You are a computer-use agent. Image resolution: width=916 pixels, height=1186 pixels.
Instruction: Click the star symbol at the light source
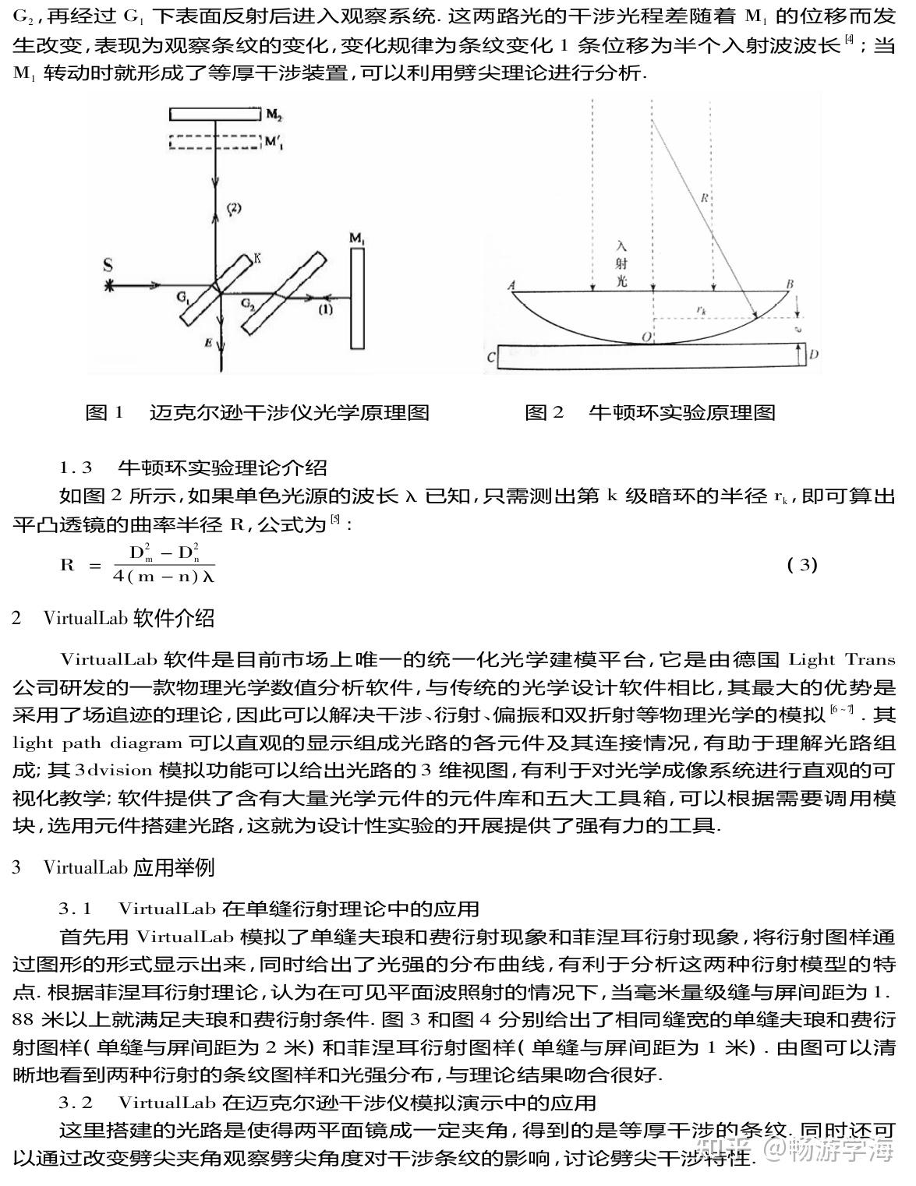click(108, 287)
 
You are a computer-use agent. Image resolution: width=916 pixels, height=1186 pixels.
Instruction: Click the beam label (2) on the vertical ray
click(234, 208)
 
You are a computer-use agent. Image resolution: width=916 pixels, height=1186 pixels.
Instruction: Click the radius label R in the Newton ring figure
click(703, 198)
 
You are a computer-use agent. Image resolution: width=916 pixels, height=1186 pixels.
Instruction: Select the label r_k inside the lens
click(701, 310)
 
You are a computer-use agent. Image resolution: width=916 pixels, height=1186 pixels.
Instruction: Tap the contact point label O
click(645, 336)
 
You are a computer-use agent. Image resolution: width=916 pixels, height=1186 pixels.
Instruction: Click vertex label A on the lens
click(511, 285)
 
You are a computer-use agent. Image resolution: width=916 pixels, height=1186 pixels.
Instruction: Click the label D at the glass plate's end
click(813, 355)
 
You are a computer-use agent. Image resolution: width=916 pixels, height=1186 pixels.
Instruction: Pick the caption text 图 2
click(543, 412)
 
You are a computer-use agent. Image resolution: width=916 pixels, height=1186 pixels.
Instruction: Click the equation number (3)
click(801, 565)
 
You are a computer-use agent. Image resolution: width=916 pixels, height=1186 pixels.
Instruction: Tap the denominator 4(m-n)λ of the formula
click(163, 577)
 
